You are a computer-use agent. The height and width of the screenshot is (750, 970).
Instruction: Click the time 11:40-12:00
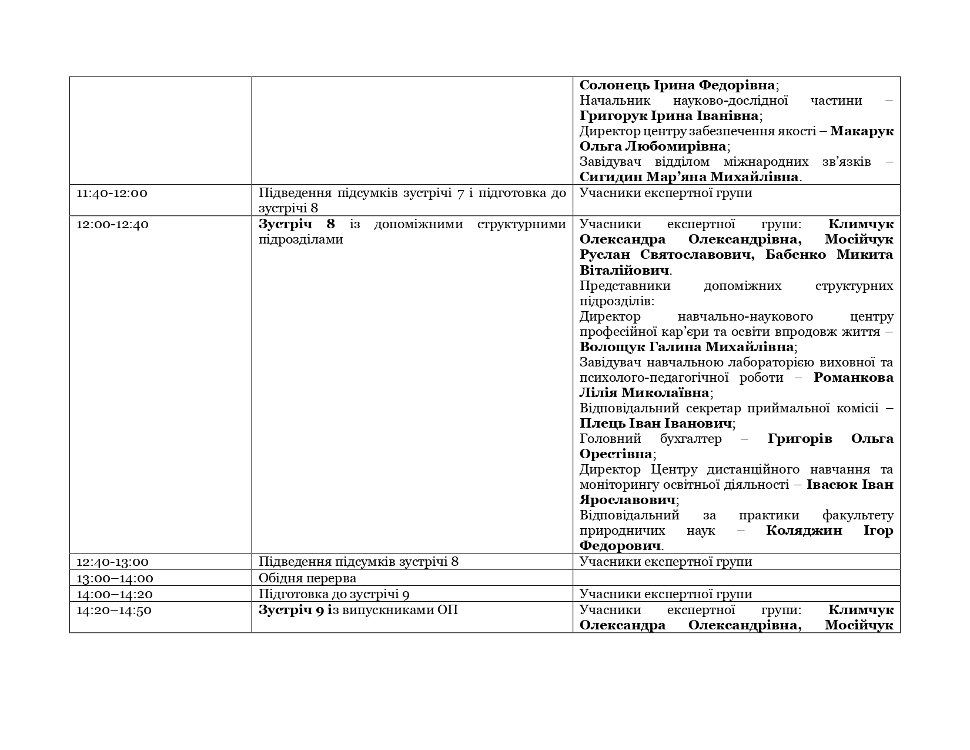112,193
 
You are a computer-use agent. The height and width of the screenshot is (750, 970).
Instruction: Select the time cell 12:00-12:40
112,224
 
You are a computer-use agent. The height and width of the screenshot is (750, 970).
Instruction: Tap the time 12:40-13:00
112,562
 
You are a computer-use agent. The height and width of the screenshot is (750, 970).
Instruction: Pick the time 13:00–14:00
115,578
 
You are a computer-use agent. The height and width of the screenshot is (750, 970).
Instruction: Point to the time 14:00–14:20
115,594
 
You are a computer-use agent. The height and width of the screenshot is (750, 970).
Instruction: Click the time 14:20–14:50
114,610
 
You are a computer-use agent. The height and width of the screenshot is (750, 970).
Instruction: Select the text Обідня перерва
307,578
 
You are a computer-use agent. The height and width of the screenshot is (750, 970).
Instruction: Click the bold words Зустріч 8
297,224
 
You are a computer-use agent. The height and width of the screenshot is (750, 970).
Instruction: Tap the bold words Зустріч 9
292,610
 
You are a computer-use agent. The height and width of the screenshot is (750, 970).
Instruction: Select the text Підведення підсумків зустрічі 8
359,562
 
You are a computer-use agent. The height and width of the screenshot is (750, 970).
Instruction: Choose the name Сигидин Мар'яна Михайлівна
689,177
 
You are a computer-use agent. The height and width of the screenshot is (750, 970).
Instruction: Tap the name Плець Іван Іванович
655,424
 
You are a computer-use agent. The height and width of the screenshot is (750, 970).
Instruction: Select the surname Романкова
854,378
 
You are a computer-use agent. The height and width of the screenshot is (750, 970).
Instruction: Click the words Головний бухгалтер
650,439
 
